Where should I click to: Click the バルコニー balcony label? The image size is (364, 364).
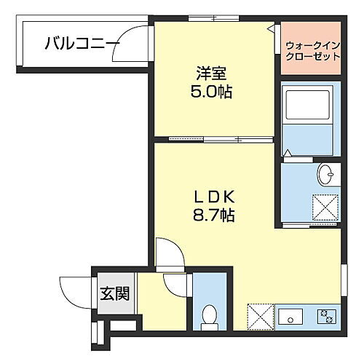(x=82, y=44)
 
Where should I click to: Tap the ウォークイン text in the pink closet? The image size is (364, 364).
(x=312, y=44)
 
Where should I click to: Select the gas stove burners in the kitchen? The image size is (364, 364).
(x=325, y=316)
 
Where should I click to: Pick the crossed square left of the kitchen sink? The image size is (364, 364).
(x=261, y=315)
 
